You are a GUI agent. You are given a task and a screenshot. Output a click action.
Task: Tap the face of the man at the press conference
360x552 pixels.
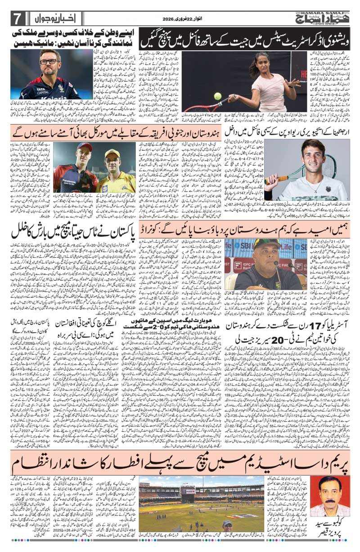(261, 256)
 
